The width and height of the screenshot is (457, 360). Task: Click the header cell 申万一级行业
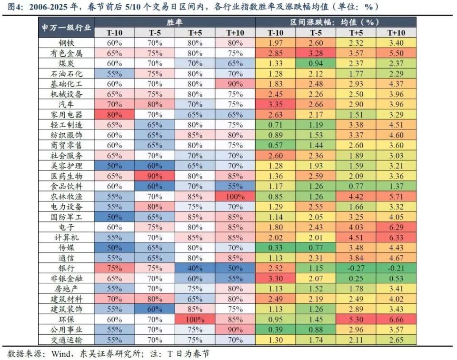tap(66, 28)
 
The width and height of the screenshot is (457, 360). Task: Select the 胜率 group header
tap(175, 22)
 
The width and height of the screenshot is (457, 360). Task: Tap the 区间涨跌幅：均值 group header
tap(336, 22)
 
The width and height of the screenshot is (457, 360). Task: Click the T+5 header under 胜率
tap(195, 33)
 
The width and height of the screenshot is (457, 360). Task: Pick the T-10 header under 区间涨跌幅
tap(276, 33)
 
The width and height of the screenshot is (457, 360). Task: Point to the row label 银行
tap(66, 269)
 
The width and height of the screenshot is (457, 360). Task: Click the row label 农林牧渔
tap(66, 196)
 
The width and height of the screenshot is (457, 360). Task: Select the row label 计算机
tap(66, 237)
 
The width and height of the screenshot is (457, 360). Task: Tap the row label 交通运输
tap(66, 340)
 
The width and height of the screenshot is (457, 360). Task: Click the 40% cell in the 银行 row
tap(195, 269)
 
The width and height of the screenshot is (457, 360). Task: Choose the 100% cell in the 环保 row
tap(195, 320)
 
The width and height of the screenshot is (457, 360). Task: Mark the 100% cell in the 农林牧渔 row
tap(235, 196)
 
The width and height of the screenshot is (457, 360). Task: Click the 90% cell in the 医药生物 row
tap(155, 175)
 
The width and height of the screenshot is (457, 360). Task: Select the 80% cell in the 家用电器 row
tap(114, 115)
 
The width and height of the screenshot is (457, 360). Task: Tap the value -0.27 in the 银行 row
tap(356, 269)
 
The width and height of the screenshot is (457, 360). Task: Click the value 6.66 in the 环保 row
tap(396, 320)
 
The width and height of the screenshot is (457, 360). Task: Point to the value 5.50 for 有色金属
tap(396, 53)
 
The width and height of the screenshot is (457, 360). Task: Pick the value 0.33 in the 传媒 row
tap(276, 248)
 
